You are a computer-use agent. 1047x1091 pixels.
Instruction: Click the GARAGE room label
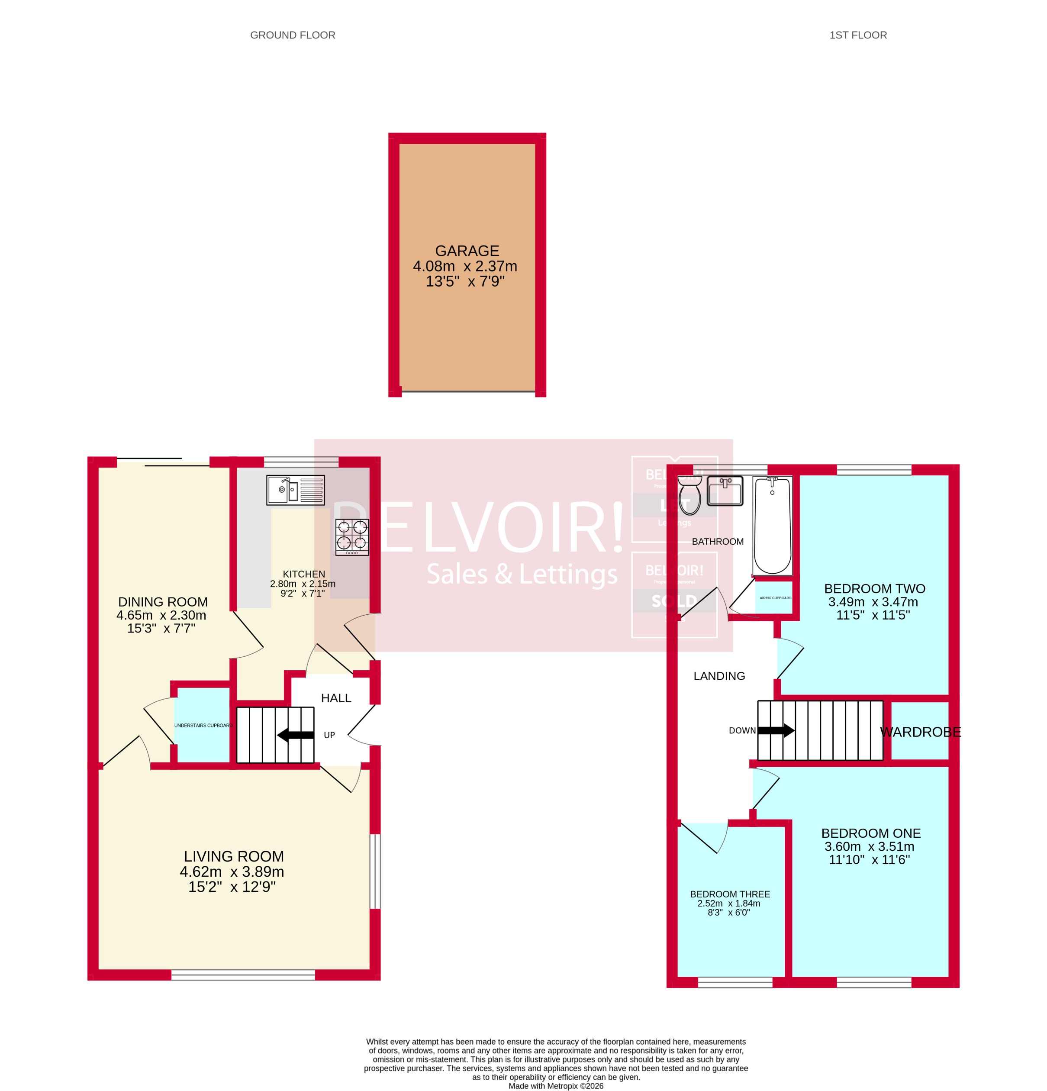pos(467,251)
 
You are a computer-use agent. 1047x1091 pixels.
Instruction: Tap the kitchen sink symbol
pos(295,490)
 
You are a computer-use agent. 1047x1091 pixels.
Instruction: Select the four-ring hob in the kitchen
pos(352,536)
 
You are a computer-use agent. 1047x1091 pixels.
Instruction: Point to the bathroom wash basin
pos(725,491)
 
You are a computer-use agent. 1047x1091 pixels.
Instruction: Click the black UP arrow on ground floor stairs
pos(296,735)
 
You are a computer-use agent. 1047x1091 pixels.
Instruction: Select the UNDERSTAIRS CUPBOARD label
pos(203,725)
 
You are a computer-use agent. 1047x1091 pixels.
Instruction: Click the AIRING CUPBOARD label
pos(775,598)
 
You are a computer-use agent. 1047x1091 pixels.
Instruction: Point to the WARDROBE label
pos(920,732)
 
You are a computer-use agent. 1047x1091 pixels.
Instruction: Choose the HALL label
pos(335,698)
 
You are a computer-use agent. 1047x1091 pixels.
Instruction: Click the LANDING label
pos(718,676)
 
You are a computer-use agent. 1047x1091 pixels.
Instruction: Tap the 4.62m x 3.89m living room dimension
pos(232,872)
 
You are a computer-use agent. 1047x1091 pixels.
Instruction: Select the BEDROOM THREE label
pos(730,894)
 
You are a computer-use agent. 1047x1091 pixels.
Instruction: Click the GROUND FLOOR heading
pos(292,35)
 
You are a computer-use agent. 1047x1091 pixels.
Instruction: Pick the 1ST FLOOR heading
pos(858,35)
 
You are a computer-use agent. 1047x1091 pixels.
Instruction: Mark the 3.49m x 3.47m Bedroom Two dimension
pos(873,602)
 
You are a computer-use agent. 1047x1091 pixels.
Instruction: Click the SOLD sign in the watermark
pos(673,601)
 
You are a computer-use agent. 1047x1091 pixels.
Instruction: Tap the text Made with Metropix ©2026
pos(555,1086)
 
